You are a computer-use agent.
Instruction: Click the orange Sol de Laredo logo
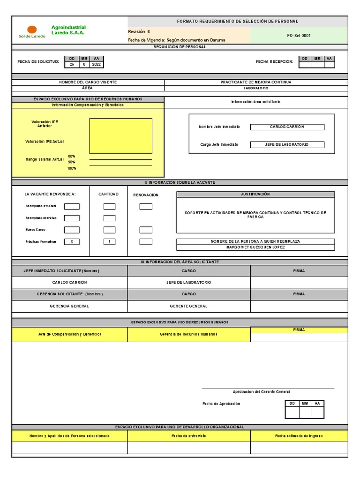[x=32, y=30]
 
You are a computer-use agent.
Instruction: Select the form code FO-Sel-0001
[x=299, y=35]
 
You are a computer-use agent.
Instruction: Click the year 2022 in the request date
[x=96, y=65]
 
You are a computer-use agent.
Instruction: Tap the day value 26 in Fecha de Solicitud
[x=72, y=65]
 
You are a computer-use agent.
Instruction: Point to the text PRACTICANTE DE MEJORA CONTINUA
[x=255, y=82]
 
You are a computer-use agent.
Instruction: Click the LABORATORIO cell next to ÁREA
[x=255, y=88]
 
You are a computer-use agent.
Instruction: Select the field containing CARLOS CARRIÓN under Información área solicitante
[x=287, y=127]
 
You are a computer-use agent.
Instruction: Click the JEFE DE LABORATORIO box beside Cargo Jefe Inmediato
[x=287, y=145]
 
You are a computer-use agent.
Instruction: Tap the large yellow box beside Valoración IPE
[x=120, y=136]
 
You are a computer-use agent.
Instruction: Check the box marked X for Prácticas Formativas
[x=72, y=242]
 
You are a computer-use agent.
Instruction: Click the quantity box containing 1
[x=109, y=242]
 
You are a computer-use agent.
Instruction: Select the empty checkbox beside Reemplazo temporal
[x=72, y=206]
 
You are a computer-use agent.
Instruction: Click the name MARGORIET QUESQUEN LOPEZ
[x=255, y=247]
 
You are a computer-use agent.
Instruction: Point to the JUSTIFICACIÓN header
[x=255, y=194]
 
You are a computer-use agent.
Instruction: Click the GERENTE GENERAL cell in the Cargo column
[x=188, y=306]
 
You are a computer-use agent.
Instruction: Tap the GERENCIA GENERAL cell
[x=69, y=306]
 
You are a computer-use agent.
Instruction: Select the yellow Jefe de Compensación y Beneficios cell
[x=69, y=334]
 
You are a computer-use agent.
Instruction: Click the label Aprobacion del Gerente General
[x=261, y=392]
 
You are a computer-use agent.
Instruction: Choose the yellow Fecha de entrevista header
[x=188, y=436]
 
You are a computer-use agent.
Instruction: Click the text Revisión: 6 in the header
[x=139, y=31]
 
